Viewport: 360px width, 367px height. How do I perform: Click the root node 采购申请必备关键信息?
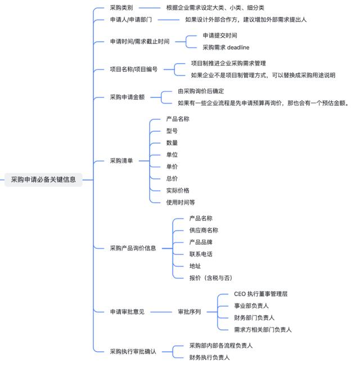(x=43, y=180)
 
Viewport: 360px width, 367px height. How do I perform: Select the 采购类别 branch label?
(x=121, y=8)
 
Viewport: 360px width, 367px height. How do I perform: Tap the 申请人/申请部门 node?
(x=130, y=20)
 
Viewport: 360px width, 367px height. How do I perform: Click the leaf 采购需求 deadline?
(x=226, y=47)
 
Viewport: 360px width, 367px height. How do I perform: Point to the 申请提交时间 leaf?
(x=220, y=35)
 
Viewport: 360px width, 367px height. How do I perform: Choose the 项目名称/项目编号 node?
(x=134, y=69)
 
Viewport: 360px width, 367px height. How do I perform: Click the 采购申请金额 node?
(x=127, y=97)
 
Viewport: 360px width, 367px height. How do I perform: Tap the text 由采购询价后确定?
(x=201, y=91)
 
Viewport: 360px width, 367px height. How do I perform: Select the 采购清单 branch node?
(x=121, y=161)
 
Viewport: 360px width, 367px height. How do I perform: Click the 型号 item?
(x=172, y=131)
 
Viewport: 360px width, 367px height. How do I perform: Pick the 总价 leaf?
(x=172, y=178)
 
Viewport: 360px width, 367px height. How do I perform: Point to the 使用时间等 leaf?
(x=181, y=203)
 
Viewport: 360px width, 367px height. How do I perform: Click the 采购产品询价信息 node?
(x=133, y=248)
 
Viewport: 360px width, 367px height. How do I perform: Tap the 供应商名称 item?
(x=204, y=230)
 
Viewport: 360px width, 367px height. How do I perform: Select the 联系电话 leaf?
(x=201, y=254)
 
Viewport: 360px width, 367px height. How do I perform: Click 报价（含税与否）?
(x=211, y=278)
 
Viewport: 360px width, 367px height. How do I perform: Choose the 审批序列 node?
(x=190, y=312)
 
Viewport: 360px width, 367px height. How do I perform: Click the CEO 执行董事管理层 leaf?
(x=260, y=294)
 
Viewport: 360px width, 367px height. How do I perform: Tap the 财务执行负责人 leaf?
(x=209, y=357)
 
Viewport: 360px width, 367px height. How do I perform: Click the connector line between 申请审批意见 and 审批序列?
(x=161, y=312)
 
